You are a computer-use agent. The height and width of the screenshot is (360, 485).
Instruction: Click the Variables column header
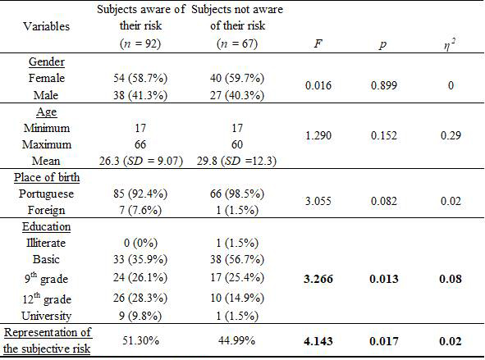tap(47, 25)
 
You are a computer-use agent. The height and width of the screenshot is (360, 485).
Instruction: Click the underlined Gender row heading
tap(47, 62)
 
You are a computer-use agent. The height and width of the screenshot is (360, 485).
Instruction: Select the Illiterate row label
tap(47, 243)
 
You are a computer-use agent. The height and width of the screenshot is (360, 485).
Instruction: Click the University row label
tap(47, 315)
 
